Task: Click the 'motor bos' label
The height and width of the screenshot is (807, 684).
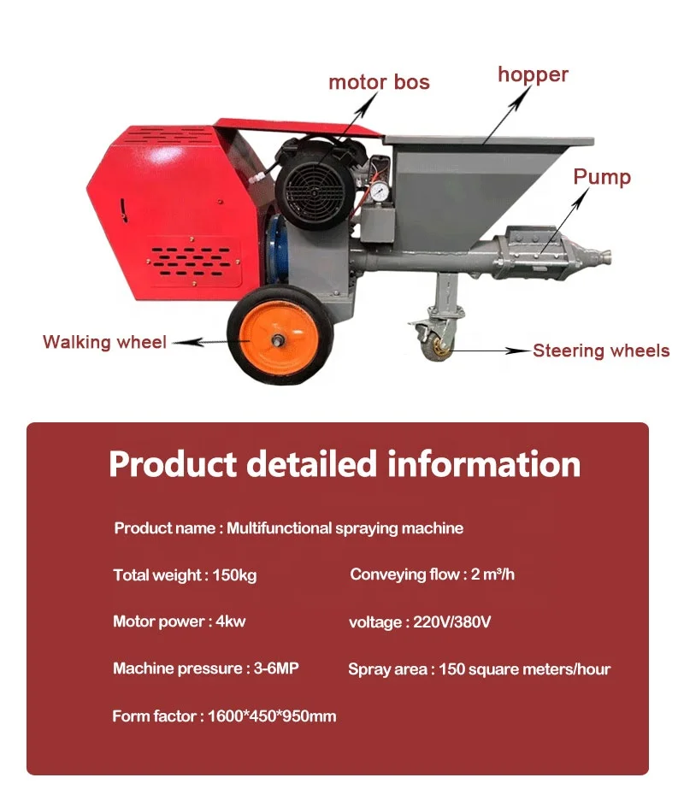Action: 379,83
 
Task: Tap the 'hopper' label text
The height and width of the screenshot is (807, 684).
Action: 533,74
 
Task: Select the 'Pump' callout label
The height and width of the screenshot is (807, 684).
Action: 601,177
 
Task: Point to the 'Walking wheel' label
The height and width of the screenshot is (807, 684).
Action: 104,342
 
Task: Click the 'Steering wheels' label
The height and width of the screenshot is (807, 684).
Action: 601,350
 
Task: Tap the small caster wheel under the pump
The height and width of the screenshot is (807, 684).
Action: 441,345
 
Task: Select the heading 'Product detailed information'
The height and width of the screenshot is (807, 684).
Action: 345,464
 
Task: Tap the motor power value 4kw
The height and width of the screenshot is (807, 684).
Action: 230,621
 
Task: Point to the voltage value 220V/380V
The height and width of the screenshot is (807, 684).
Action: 451,622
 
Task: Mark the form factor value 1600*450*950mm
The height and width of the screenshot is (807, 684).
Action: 272,716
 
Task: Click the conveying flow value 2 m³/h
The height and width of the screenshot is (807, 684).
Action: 493,574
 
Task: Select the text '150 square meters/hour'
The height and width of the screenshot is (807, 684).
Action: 525,669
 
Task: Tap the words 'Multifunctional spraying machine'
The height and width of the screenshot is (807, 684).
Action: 345,528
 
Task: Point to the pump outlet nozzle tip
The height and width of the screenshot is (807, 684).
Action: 610,255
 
